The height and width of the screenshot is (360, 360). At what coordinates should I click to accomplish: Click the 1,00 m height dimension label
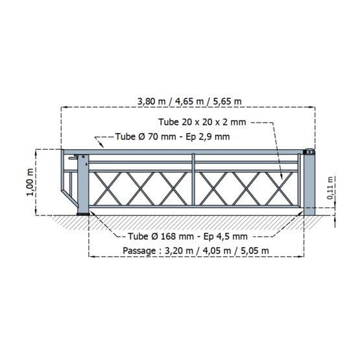pyautogui.click(x=30, y=182)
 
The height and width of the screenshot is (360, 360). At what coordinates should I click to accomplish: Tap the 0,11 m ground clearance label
pyautogui.click(x=330, y=187)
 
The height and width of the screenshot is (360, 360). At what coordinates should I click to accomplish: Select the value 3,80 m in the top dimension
pyautogui.click(x=151, y=101)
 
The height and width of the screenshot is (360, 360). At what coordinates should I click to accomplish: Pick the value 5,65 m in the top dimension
pyautogui.click(x=227, y=101)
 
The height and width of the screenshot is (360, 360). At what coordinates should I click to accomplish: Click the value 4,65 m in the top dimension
pyautogui.click(x=189, y=101)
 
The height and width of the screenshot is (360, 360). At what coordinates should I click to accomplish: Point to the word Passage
pyautogui.click(x=139, y=250)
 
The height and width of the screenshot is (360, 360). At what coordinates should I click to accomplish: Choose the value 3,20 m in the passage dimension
pyautogui.click(x=179, y=250)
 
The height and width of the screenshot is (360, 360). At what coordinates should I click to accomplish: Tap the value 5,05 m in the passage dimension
pyautogui.click(x=255, y=250)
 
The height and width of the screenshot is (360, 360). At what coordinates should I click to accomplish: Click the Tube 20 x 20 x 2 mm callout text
pyautogui.click(x=202, y=122)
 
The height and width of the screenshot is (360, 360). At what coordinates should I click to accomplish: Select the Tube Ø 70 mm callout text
pyautogui.click(x=173, y=137)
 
